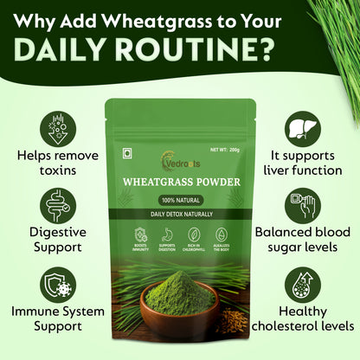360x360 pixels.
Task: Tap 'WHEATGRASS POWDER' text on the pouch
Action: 180,183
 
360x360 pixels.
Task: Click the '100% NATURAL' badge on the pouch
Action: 180,199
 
